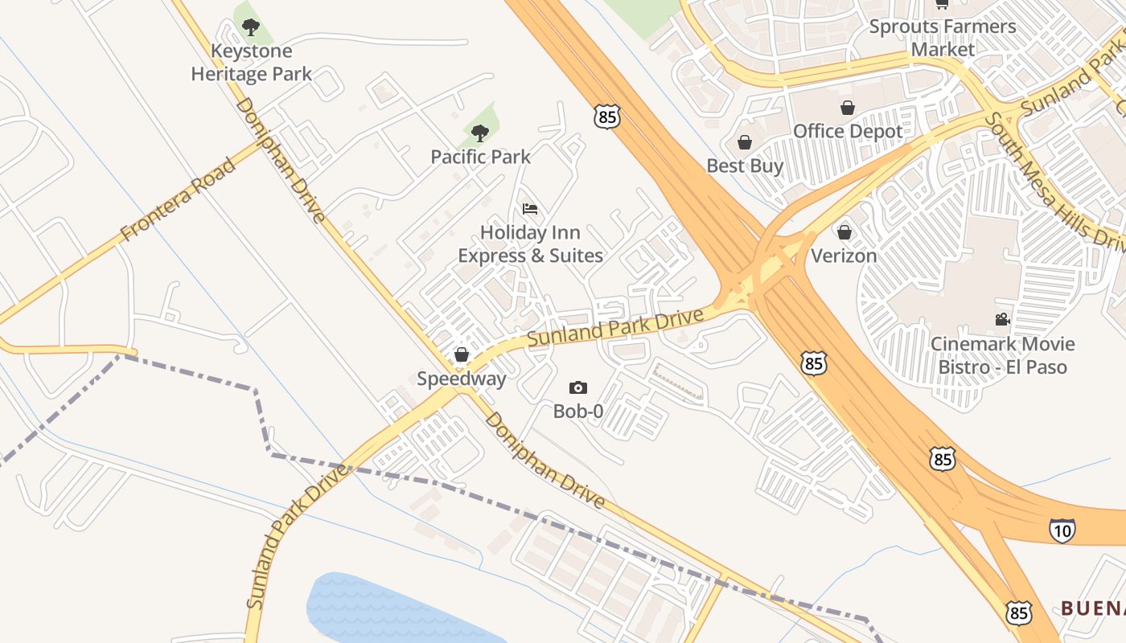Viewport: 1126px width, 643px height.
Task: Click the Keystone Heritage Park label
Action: [251, 63]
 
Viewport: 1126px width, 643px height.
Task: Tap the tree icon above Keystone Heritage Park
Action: [251, 27]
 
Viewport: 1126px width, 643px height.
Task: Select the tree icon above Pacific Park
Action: [480, 133]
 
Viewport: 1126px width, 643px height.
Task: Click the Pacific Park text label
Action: [480, 157]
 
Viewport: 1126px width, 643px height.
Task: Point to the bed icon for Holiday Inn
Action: [529, 209]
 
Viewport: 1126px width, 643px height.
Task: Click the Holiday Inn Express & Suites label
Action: [530, 244]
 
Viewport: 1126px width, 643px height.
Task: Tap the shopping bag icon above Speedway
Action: [462, 354]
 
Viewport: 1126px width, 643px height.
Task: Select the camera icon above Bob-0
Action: [577, 388]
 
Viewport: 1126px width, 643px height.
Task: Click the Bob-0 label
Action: [577, 412]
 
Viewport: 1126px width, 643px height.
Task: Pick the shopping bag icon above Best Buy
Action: [745, 142]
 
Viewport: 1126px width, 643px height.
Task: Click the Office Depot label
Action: [848, 131]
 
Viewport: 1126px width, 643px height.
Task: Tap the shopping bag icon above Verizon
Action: [844, 232]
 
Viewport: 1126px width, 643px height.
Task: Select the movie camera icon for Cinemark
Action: [1002, 320]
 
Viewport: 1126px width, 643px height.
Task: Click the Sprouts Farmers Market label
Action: [943, 38]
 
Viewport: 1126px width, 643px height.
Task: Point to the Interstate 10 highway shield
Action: [1062, 530]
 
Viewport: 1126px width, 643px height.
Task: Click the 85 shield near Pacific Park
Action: [607, 117]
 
